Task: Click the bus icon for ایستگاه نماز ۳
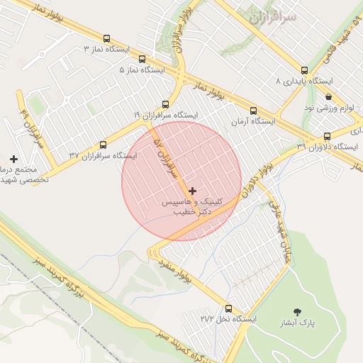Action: (x=106, y=40)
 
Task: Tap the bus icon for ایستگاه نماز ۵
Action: (x=142, y=60)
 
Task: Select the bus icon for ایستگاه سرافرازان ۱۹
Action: (x=165, y=104)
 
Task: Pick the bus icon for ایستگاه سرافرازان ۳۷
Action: (x=104, y=145)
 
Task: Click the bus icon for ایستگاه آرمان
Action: (x=253, y=111)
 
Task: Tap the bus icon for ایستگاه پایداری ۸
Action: (x=304, y=70)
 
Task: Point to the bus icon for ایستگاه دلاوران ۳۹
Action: (x=327, y=136)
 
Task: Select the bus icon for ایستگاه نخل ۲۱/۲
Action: (x=228, y=308)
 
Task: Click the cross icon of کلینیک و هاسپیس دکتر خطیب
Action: (x=192, y=191)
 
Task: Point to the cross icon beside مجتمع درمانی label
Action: (x=13, y=158)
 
